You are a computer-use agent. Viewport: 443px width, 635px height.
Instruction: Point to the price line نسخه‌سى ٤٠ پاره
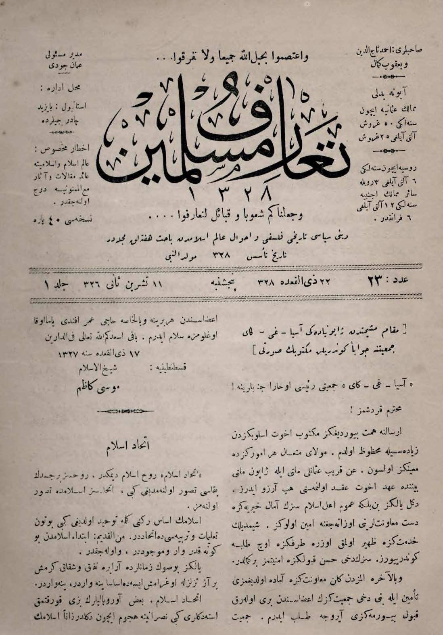62,220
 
